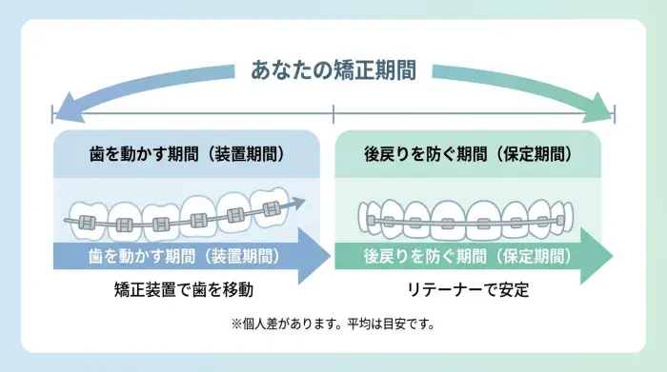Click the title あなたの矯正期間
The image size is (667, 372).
[333, 70]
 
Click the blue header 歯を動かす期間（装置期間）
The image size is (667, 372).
[188, 152]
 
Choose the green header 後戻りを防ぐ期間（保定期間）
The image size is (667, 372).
[468, 152]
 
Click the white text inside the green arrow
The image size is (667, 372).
[467, 256]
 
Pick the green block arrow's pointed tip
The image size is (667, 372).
[612, 256]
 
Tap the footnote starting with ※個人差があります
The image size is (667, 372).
[333, 323]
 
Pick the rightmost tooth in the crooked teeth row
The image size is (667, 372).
[273, 202]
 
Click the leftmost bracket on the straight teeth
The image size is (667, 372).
[374, 222]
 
